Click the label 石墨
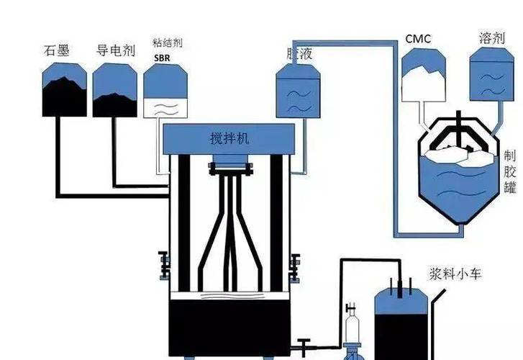pos(57,51)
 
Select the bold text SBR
pos(161,57)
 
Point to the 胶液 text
pos(296,53)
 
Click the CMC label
pos(418,38)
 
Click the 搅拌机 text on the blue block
pos(228,138)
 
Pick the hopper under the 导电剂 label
pos(115,89)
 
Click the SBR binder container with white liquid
pos(166,91)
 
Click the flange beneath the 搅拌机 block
pos(228,170)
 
